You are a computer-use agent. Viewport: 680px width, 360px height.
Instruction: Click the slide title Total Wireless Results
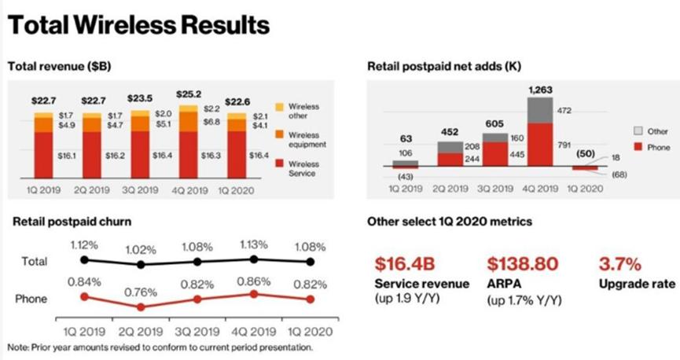coord(138,25)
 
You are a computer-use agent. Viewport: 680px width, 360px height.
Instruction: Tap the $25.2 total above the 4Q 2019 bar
coord(189,99)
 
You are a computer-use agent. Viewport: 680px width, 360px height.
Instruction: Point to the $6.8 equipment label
coord(212,123)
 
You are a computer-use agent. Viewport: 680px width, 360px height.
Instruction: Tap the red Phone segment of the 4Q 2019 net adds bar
coord(541,145)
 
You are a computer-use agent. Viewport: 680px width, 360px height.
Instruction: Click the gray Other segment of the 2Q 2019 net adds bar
coord(450,147)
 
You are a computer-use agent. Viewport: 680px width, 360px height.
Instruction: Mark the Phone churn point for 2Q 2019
coord(141,307)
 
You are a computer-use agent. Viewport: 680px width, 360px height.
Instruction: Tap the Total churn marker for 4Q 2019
coord(253,259)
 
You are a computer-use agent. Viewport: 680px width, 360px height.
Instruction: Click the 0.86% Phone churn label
coord(253,280)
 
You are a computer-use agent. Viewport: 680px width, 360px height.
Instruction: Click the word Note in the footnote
coord(18,347)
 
